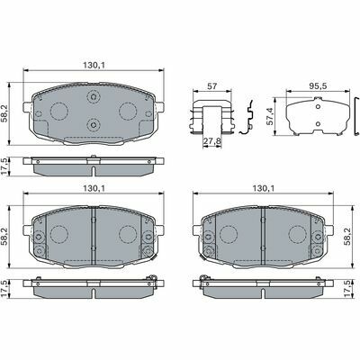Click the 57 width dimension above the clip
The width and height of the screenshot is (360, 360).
tap(212, 86)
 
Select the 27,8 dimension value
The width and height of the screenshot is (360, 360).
tap(212, 141)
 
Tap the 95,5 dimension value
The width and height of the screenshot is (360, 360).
tap(318, 85)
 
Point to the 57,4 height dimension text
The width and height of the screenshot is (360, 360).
tap(270, 116)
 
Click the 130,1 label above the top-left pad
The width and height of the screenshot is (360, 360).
tap(94, 65)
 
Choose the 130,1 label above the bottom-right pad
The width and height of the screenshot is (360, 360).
tap(263, 188)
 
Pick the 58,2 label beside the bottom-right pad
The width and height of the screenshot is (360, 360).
tap(347, 236)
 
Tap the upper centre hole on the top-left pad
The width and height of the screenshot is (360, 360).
tap(94, 96)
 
